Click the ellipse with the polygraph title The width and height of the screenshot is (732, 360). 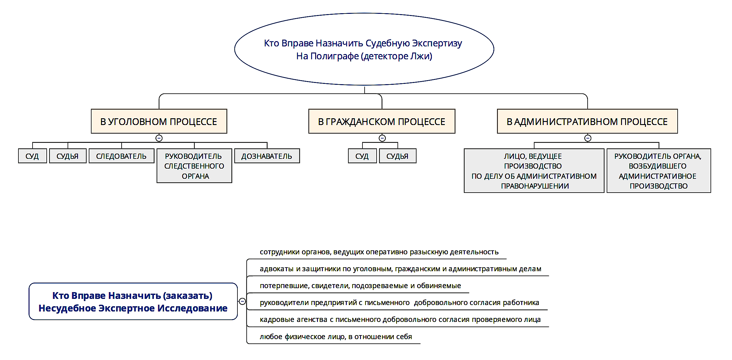(364, 49)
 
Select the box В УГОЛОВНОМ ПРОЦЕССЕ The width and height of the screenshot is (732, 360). (159, 121)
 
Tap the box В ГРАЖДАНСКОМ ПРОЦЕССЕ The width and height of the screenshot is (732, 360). (382, 121)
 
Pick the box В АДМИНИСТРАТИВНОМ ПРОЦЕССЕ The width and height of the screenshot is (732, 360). (587, 121)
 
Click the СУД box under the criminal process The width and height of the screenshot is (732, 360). (32, 156)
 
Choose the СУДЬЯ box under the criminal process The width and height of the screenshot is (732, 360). (68, 156)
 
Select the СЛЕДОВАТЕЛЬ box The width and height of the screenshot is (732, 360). (121, 156)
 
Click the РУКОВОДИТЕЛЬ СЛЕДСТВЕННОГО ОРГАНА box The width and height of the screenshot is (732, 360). (194, 166)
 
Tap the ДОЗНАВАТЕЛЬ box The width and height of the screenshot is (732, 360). (267, 156)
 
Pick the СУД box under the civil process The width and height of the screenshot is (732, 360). (362, 156)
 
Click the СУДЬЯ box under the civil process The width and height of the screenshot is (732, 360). (397, 156)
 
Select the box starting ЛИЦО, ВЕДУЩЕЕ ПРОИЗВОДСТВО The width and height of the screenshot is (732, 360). (534, 171)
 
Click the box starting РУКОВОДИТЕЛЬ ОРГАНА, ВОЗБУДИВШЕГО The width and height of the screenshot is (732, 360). (658, 171)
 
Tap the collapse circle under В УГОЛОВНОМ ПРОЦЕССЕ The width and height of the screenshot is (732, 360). (159, 138)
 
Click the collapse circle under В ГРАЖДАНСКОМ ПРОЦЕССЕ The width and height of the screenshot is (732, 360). (382, 138)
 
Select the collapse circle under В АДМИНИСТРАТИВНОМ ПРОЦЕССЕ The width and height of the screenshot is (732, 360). (588, 138)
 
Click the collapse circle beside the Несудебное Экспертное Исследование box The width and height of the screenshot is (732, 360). (242, 301)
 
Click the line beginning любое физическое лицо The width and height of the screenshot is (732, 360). (335, 337)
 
